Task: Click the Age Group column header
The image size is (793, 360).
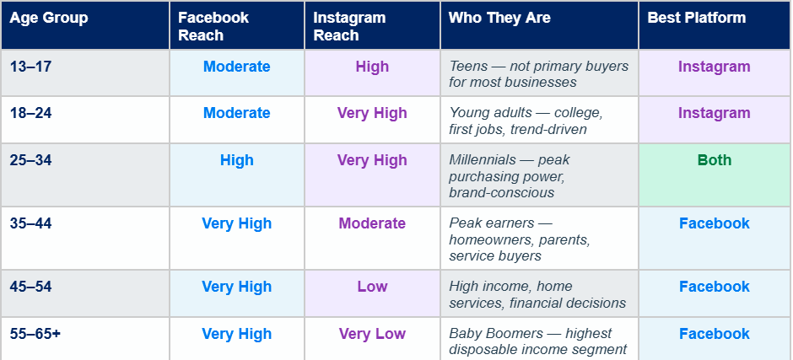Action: tap(49, 18)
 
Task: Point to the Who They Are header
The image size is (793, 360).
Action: tap(499, 18)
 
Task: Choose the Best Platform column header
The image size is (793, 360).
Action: tap(696, 18)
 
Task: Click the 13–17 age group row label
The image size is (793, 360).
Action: tap(31, 67)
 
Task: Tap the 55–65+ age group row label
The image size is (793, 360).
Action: tap(35, 334)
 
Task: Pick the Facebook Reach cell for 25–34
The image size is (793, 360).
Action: tap(237, 160)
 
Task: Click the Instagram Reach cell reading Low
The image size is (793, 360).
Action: tap(372, 287)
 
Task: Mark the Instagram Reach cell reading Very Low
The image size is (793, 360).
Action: tap(372, 334)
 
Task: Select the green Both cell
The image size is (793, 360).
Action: tap(715, 160)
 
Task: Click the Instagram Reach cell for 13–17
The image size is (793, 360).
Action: tap(372, 67)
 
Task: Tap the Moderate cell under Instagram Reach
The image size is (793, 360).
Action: tap(372, 223)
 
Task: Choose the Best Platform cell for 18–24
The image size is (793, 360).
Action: tap(715, 113)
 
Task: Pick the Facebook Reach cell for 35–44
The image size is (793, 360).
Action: tap(237, 223)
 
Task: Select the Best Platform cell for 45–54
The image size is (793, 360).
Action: tap(715, 287)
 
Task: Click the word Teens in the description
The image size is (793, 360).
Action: tap(468, 67)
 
